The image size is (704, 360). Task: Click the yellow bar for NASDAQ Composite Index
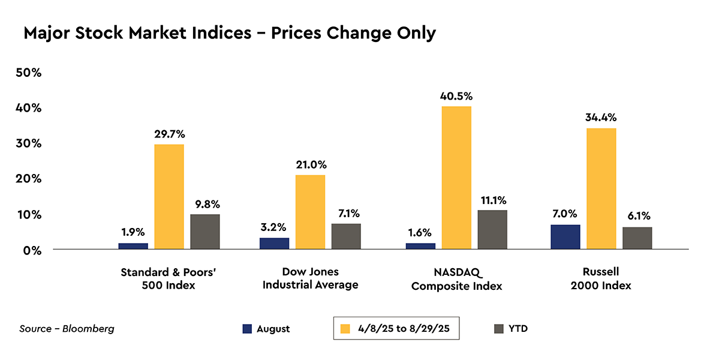click(456, 178)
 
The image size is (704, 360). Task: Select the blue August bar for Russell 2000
click(565, 237)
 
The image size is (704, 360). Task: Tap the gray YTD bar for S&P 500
click(205, 232)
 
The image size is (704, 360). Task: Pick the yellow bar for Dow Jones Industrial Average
click(310, 212)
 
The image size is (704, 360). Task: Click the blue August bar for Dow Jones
click(274, 244)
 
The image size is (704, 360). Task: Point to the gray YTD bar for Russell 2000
click(637, 238)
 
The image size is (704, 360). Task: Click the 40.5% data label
click(457, 96)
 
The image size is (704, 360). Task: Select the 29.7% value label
click(169, 134)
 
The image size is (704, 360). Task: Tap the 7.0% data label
click(565, 214)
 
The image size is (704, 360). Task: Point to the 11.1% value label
click(492, 200)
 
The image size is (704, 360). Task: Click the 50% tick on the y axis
click(28, 73)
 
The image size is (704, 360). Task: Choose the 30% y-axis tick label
click(28, 143)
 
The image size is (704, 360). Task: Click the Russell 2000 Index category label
click(601, 278)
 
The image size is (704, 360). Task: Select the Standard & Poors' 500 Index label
click(168, 278)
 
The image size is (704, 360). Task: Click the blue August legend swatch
click(247, 329)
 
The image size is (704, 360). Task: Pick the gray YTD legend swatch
click(498, 329)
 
